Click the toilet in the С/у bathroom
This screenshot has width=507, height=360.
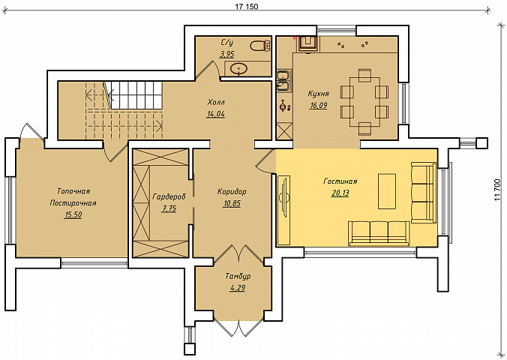260,46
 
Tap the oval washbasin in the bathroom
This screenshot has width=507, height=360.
239,68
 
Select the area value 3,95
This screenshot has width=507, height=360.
227,54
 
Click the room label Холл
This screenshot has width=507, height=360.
216,103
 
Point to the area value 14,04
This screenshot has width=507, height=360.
216,114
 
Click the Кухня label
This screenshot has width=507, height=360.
319,94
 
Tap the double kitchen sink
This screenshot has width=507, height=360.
284,80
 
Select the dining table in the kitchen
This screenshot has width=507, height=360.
364,102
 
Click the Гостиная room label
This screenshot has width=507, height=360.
340,181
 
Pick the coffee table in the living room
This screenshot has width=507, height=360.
387,191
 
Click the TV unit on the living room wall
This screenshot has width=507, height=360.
283,196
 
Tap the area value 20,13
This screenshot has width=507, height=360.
340,193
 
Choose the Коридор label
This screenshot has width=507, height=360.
232,191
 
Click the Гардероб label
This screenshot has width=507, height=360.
169,196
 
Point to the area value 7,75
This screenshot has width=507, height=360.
169,208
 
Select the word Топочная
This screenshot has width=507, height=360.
73,191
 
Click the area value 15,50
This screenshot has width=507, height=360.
73,214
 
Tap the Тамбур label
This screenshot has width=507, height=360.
238,277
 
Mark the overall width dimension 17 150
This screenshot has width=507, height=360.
247,7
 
